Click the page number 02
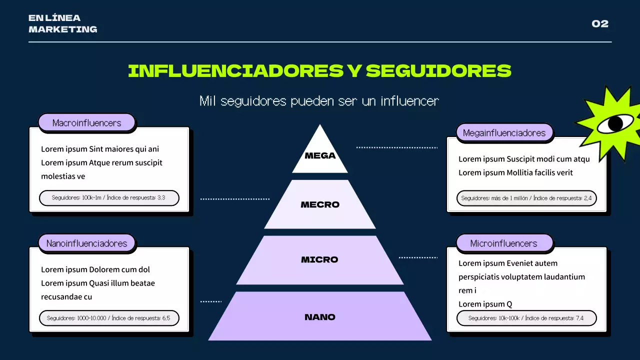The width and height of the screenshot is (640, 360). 600,23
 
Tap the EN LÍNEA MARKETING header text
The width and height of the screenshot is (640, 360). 63,23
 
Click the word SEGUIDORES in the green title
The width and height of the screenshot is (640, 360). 438,71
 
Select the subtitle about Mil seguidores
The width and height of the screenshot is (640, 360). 319,101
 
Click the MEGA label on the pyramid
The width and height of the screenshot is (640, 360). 320,155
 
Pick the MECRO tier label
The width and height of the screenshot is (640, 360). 320,204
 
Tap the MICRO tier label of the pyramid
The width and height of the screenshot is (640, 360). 319,259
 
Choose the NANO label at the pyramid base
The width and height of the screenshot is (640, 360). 320,317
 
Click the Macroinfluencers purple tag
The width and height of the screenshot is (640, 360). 86,123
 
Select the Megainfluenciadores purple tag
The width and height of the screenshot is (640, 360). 504,133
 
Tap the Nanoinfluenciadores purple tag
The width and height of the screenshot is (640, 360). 86,243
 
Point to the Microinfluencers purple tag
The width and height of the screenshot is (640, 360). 504,243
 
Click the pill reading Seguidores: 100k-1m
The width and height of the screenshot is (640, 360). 109,197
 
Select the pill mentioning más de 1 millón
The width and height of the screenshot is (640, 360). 526,198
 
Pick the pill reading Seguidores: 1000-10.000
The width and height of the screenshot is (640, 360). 109,318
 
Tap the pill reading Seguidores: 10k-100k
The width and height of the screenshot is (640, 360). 526,318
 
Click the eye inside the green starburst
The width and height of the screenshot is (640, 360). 615,123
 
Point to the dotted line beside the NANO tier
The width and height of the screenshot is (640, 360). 211,301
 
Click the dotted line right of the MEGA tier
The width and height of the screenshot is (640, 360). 397,147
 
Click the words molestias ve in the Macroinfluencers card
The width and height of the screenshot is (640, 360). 63,176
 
